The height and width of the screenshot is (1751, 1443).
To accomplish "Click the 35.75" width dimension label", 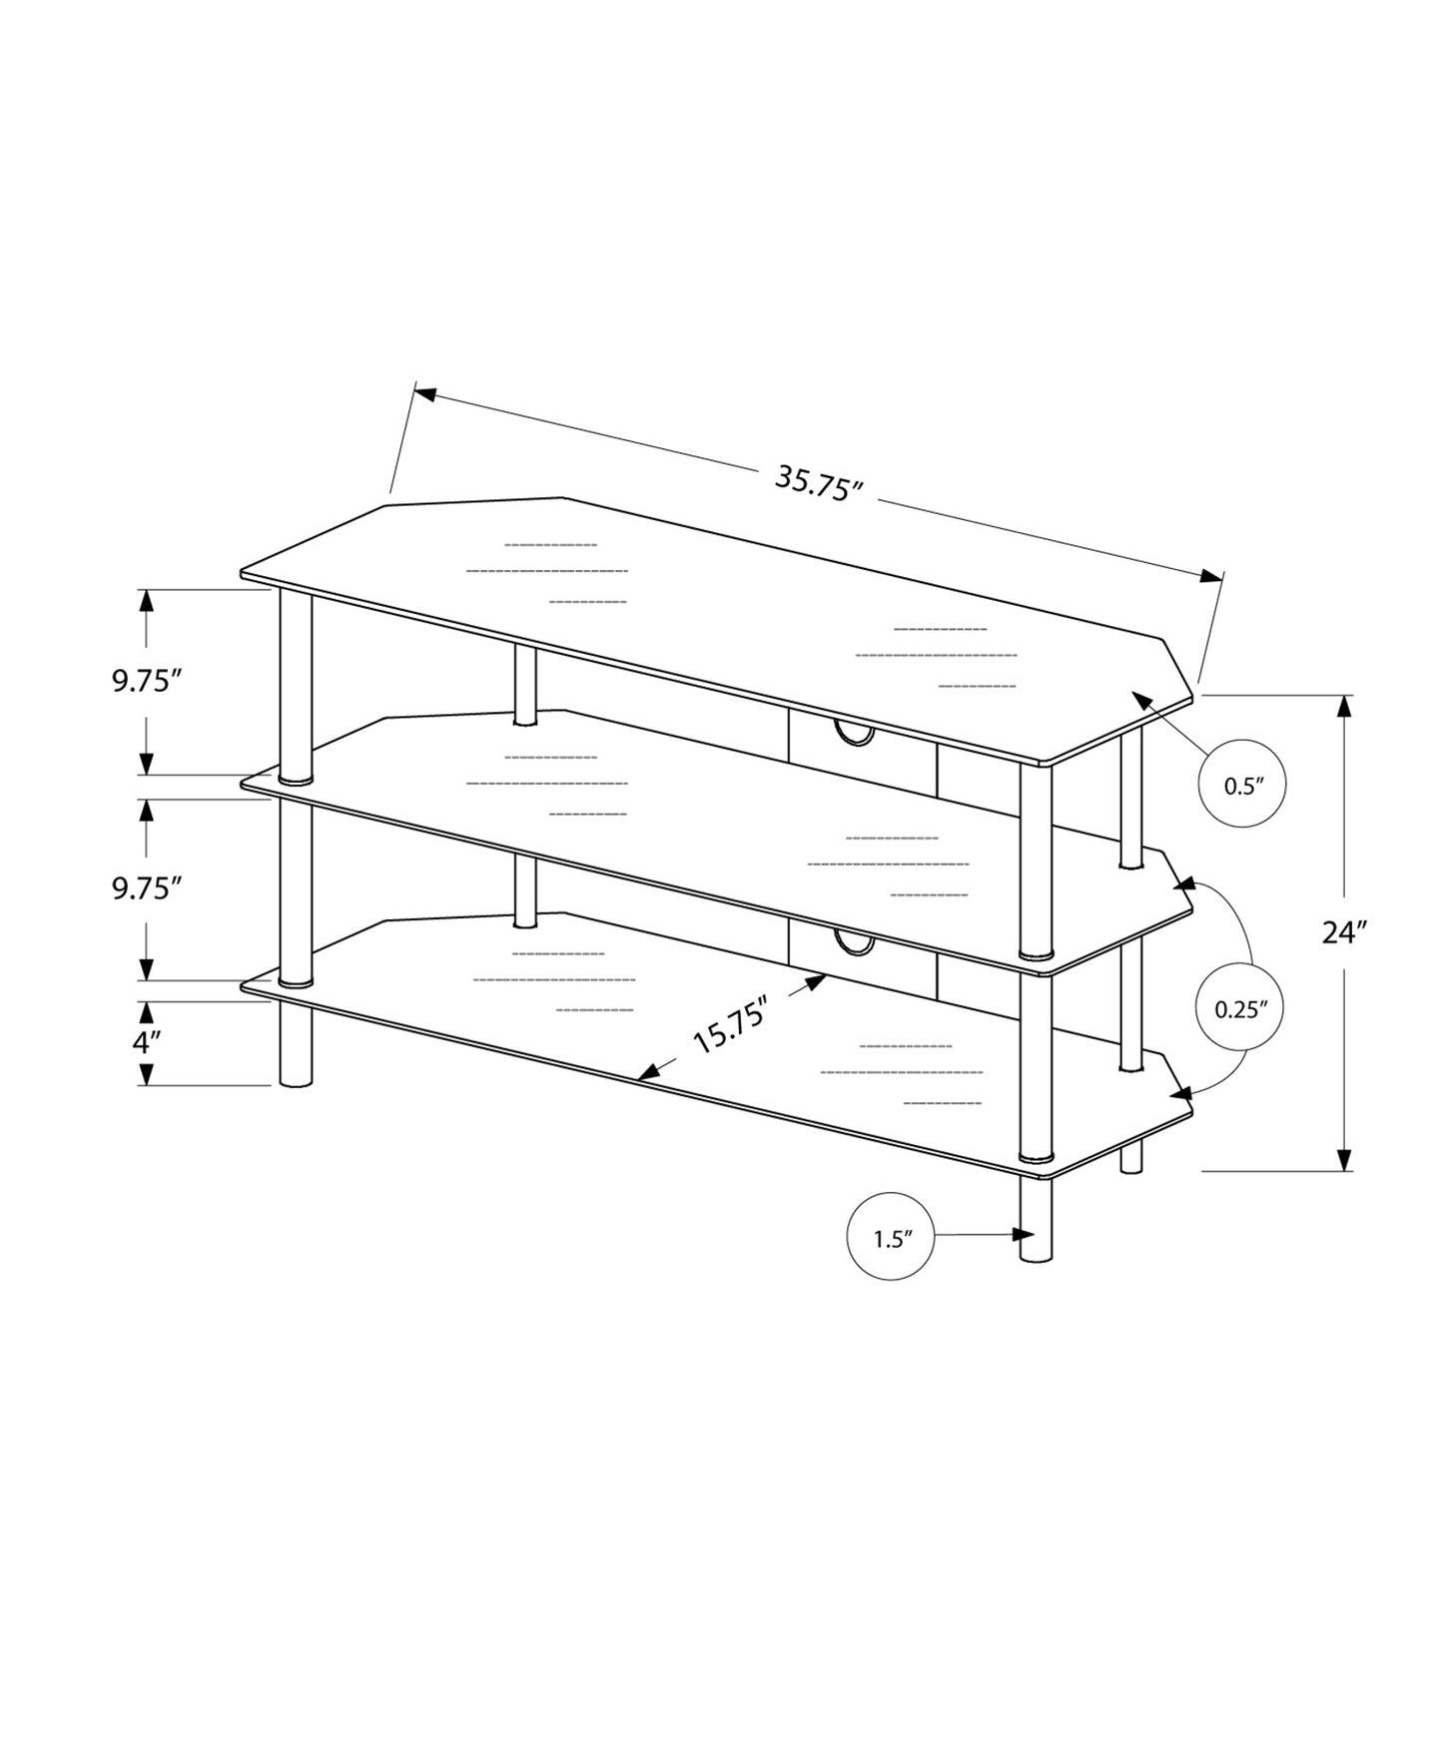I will click(818, 484).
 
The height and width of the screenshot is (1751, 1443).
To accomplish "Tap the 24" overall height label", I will click(1343, 932).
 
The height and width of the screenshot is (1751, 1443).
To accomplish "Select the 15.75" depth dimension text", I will click(729, 1024).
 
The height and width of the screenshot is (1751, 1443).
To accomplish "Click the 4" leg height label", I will click(147, 1043).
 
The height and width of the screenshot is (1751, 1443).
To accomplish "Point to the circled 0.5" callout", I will click(1242, 785).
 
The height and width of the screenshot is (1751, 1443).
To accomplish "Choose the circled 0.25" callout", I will click(1239, 1008).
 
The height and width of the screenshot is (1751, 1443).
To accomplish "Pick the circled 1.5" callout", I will click(891, 1238).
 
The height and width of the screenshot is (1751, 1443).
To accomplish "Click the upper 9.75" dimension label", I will click(146, 681).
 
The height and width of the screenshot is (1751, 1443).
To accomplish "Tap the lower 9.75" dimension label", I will click(146, 888).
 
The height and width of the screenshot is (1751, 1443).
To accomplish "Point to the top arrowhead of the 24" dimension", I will click(1344, 706).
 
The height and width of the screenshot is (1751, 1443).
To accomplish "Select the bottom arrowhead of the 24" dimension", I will click(1344, 1159).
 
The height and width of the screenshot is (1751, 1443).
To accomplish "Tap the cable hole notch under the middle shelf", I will click(855, 943).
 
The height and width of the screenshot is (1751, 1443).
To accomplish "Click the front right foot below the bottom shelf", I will click(1037, 1220).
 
